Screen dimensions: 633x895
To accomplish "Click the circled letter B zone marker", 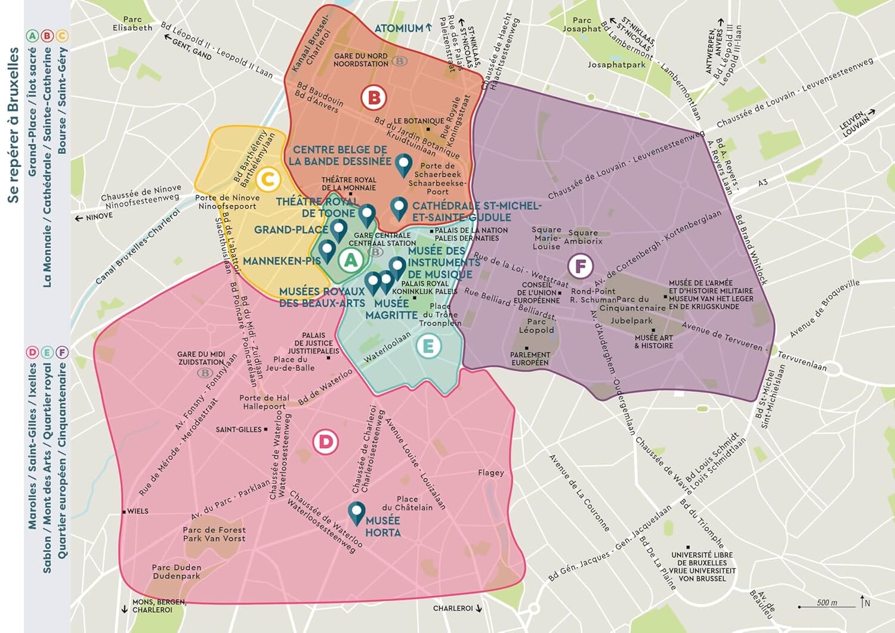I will click(x=374, y=97).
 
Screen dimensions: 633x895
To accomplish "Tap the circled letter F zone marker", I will click(x=580, y=266).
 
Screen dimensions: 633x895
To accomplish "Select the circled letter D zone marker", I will click(x=326, y=442).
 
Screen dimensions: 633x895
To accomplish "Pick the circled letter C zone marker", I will click(x=268, y=179).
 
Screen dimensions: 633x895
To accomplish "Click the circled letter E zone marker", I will click(x=428, y=346).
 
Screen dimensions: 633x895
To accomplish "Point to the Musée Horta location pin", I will click(x=357, y=513).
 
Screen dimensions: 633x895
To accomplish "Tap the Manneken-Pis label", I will click(x=282, y=261).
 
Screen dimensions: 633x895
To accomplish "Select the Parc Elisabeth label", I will click(x=132, y=24).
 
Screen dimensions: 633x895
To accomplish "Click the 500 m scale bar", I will click(x=826, y=604).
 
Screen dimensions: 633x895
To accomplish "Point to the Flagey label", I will click(x=490, y=473).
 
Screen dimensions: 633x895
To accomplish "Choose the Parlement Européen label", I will click(x=530, y=358).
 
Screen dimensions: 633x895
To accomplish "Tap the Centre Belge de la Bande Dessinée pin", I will click(x=405, y=165).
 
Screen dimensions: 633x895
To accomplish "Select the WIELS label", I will click(x=137, y=511).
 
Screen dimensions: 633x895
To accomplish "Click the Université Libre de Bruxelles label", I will click(x=702, y=566).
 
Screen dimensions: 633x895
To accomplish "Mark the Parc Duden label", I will click(x=176, y=572).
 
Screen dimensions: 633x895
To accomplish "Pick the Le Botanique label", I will click(x=418, y=121).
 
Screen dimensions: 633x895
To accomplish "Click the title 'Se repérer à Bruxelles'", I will click(x=13, y=125).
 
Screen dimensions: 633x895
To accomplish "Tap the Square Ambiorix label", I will click(x=583, y=237).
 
